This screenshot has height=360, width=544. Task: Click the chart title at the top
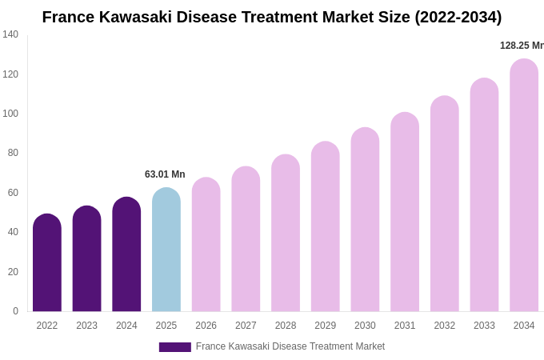(x=272, y=17)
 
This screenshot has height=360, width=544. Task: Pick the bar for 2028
(x=286, y=233)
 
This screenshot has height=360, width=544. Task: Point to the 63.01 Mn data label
(x=165, y=174)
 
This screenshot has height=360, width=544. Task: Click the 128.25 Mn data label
(x=522, y=46)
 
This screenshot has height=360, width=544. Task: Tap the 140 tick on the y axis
(x=10, y=34)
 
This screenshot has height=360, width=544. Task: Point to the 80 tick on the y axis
(x=13, y=153)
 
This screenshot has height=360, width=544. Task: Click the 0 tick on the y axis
(x=15, y=311)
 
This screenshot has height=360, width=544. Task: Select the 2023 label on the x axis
(x=86, y=326)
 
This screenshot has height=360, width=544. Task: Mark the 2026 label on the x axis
(x=206, y=326)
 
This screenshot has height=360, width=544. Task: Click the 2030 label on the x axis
(x=365, y=326)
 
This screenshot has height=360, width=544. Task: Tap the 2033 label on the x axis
(x=484, y=326)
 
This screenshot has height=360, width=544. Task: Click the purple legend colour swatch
(x=174, y=347)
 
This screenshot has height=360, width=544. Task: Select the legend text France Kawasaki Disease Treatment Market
(x=290, y=346)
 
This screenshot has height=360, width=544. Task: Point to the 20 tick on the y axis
(x=13, y=272)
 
